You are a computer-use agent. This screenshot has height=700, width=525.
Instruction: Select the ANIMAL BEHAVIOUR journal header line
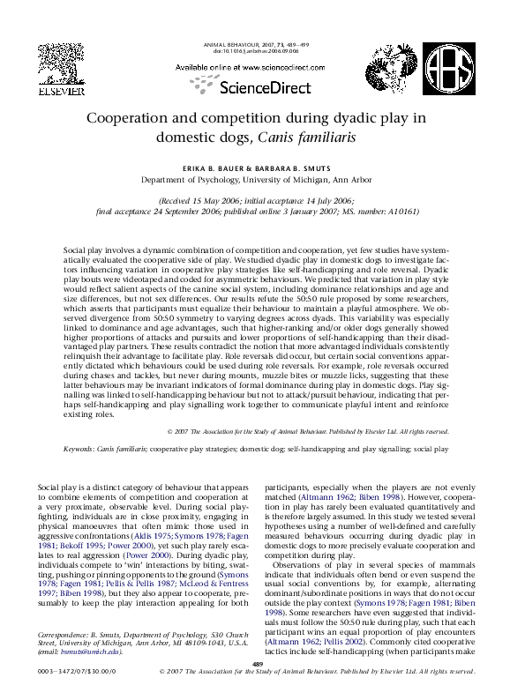coord(255,44)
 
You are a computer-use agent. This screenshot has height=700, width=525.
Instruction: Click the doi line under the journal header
coord(256,51)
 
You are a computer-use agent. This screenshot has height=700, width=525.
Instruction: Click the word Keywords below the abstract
coord(80,449)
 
